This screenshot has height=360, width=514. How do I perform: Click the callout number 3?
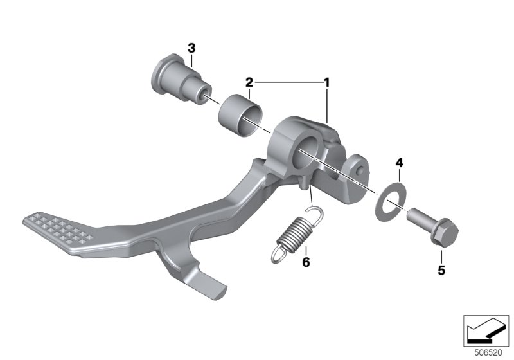click(x=191, y=48)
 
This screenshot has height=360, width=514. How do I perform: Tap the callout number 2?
click(x=249, y=82)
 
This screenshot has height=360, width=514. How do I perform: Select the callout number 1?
click(x=326, y=82)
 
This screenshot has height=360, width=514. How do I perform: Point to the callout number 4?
click(x=399, y=163)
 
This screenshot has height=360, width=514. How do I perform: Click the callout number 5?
click(x=441, y=270)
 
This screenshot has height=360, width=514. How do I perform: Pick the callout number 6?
click(x=306, y=262)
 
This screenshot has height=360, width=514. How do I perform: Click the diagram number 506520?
click(x=488, y=353)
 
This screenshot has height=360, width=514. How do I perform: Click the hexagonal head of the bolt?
click(x=444, y=233)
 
